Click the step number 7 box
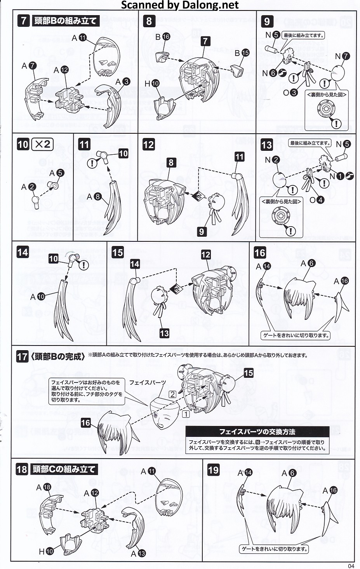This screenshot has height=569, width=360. [24, 20]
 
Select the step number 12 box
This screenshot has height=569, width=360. [148, 145]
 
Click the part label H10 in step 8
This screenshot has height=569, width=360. [152, 83]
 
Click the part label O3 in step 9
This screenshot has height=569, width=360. [290, 93]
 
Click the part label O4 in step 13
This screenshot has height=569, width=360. [317, 200]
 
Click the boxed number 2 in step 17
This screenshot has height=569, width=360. [172, 394]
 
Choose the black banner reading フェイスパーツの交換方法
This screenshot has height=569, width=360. [257, 431]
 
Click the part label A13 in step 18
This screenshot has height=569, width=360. [138, 553]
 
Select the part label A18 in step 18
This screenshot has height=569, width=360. [43, 487]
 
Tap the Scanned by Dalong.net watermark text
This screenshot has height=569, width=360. [180, 5]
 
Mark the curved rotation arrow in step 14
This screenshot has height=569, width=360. [73, 254]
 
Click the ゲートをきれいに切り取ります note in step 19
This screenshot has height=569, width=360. [274, 549]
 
